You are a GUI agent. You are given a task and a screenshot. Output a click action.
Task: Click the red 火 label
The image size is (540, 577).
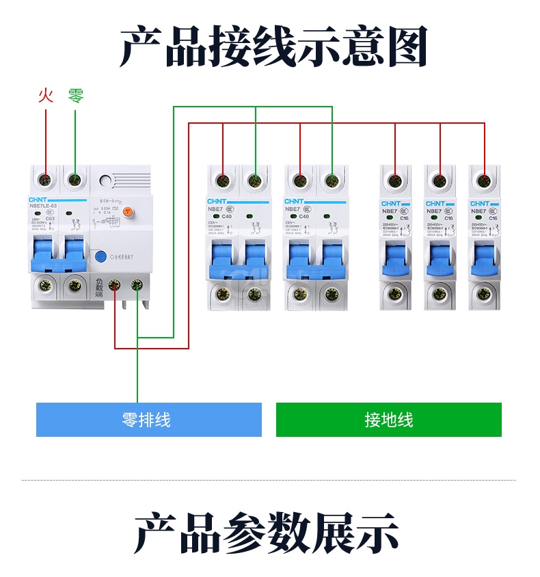point(45,96)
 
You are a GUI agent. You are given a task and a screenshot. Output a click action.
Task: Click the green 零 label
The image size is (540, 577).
point(76,96)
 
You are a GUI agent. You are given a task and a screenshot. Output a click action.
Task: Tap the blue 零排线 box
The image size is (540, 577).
point(148,420)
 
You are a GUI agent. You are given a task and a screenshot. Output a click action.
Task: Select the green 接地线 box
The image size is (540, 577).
point(388,420)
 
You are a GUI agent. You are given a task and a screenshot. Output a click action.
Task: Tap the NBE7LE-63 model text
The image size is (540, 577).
point(47,205)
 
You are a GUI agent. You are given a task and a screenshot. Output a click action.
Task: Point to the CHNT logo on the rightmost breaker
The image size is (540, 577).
point(479,204)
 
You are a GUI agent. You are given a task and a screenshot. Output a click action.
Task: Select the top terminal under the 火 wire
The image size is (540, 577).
point(46,181)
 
